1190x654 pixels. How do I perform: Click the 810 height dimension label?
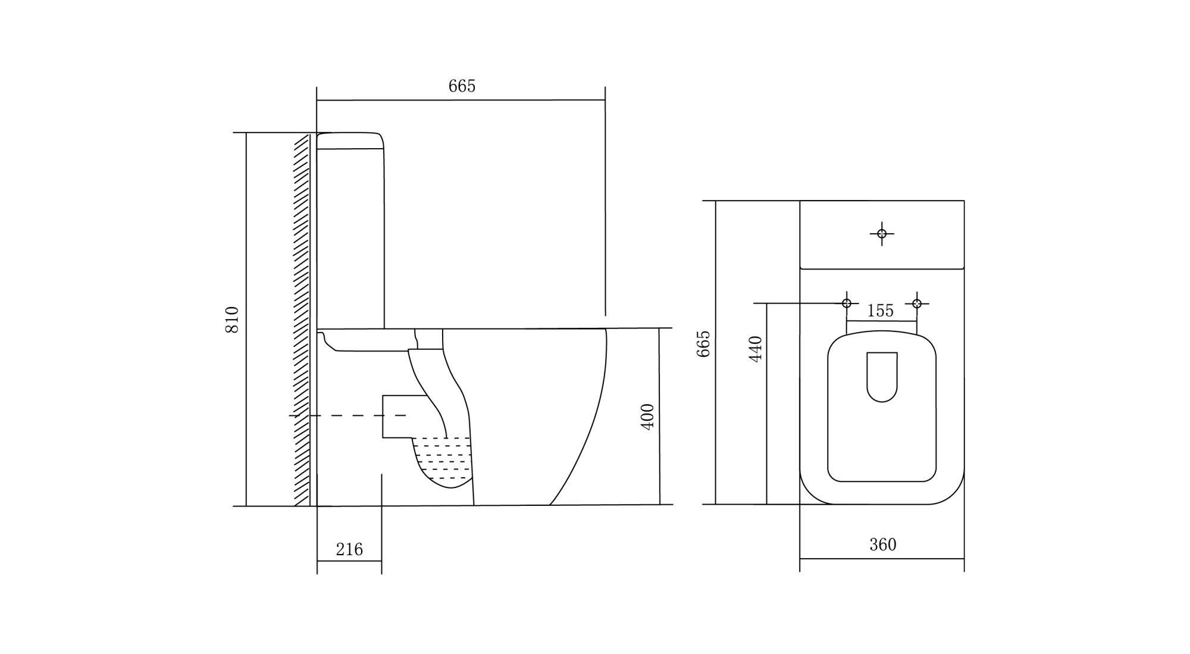click(232, 319)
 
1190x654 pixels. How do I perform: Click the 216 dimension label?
click(349, 549)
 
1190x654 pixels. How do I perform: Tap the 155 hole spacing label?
click(881, 311)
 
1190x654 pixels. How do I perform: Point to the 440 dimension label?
click(755, 349)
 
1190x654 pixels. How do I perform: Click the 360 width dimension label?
click(882, 545)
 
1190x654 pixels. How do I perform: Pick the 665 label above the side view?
click(462, 86)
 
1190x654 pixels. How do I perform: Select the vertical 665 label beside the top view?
click(703, 343)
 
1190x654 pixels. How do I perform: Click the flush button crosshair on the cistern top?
click(882, 233)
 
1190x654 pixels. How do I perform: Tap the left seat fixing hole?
click(847, 303)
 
